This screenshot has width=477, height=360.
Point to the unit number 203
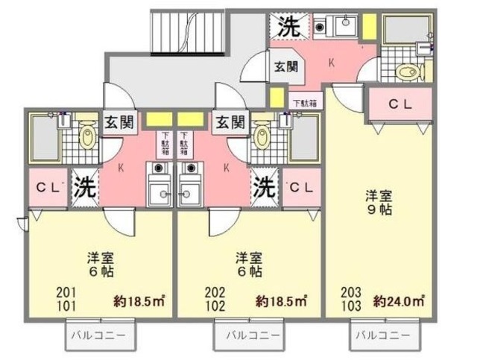click(x=350, y=293)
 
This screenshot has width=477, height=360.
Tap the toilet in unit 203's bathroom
click(x=407, y=72)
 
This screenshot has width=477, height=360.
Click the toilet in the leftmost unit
click(x=88, y=137)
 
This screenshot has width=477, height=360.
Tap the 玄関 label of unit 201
click(x=119, y=121)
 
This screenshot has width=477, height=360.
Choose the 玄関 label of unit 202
click(x=229, y=121)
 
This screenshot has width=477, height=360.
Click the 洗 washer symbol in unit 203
click(x=287, y=27)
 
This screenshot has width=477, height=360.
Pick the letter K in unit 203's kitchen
click(x=331, y=63)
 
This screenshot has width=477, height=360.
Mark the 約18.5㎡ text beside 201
click(x=139, y=301)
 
